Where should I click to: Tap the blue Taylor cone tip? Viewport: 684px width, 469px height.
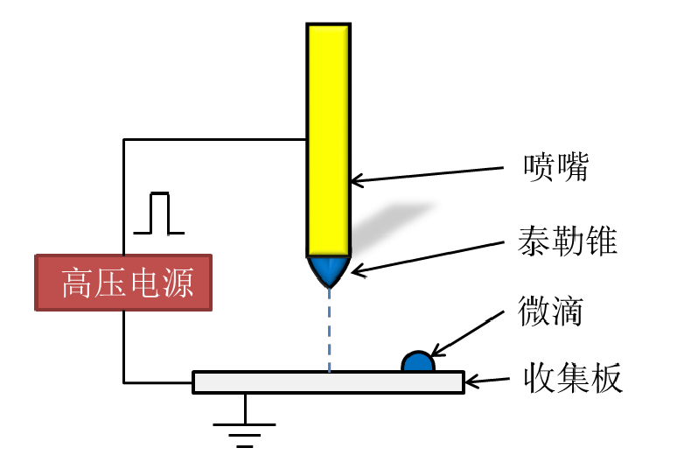(329, 271)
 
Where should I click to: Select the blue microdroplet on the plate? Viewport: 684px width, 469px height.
(417, 361)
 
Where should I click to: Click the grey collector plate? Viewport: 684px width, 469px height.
(328, 382)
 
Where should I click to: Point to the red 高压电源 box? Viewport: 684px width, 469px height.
(123, 283)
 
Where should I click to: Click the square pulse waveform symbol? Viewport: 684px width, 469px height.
(158, 214)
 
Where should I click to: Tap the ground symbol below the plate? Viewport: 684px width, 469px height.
(245, 428)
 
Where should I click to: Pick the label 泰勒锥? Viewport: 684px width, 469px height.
(568, 240)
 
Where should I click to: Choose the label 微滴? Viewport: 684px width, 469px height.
(550, 311)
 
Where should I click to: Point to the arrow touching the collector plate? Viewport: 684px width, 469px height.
(486, 381)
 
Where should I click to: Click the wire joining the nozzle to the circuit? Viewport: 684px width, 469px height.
(214, 138)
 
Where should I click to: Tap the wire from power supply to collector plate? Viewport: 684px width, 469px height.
(124, 350)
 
